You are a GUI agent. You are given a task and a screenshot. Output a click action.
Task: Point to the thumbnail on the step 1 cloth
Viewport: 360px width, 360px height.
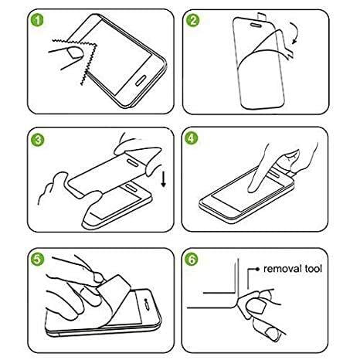tap(75, 53)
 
